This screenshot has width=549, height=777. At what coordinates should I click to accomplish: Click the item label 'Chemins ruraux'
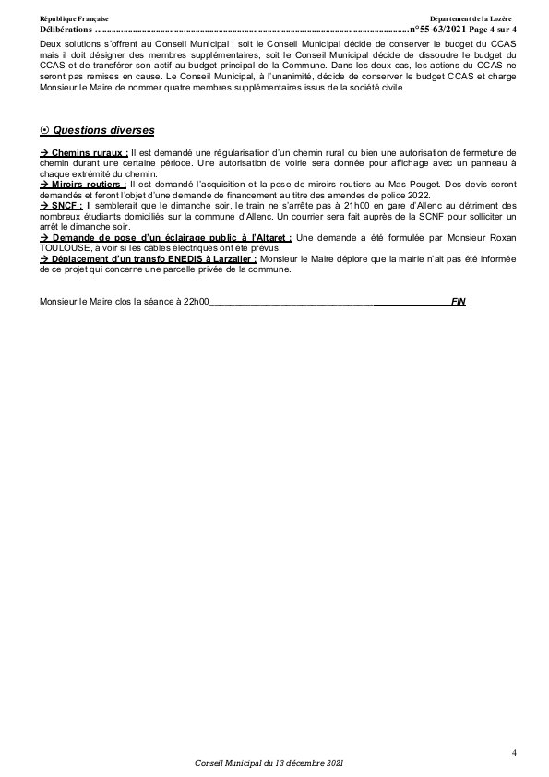point(90,150)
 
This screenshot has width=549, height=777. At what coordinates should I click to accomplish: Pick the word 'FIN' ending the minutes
point(458,302)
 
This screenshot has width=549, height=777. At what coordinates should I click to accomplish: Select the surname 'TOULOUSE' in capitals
point(66,249)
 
